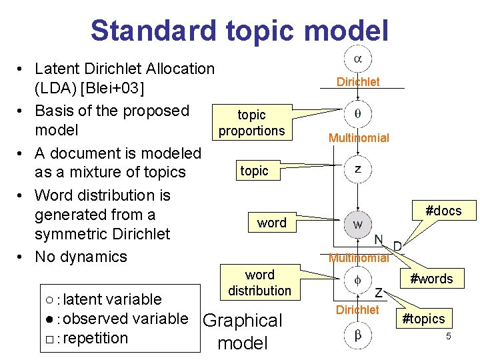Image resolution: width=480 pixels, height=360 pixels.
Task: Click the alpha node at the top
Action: [358, 59]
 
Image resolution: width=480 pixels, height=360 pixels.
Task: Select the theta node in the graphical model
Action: [358, 114]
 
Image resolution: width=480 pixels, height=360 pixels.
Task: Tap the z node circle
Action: [358, 169]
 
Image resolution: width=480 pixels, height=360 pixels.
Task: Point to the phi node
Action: [358, 281]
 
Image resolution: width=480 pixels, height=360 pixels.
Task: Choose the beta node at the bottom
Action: [358, 335]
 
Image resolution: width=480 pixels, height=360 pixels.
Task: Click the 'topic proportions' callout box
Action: [251, 123]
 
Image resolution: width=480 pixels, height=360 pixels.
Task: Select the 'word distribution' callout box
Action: [259, 283]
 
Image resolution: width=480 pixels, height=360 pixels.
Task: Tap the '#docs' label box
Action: [443, 211]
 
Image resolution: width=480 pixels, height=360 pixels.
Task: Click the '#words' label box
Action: [431, 279]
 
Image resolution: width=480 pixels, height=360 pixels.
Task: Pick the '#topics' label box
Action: [422, 319]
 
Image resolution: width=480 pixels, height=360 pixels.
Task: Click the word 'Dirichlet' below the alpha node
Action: [358, 82]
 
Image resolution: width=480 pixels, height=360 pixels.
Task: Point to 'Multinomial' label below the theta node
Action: [358, 138]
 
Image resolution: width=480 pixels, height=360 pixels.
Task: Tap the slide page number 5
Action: [449, 337]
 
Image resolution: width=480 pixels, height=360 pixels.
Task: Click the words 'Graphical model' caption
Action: [242, 331]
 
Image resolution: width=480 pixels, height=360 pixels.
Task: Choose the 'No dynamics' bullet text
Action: [81, 257]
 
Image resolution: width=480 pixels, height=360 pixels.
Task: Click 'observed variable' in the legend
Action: [125, 319]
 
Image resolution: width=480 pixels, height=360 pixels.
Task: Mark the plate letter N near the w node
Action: [378, 240]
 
